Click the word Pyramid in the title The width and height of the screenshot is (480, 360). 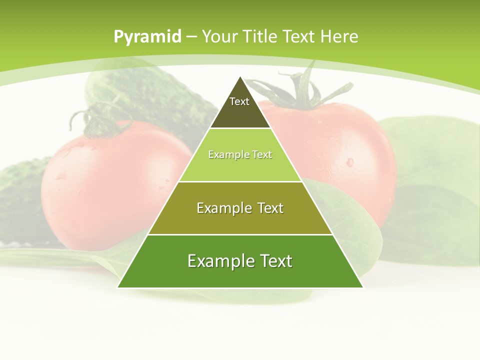point(147,37)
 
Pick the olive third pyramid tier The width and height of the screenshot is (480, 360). point(240,220)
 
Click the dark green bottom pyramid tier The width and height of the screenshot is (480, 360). point(240,272)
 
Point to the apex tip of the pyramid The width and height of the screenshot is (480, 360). point(240,77)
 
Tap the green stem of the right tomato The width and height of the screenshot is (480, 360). point(300,90)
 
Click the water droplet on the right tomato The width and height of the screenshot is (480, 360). point(349,162)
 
